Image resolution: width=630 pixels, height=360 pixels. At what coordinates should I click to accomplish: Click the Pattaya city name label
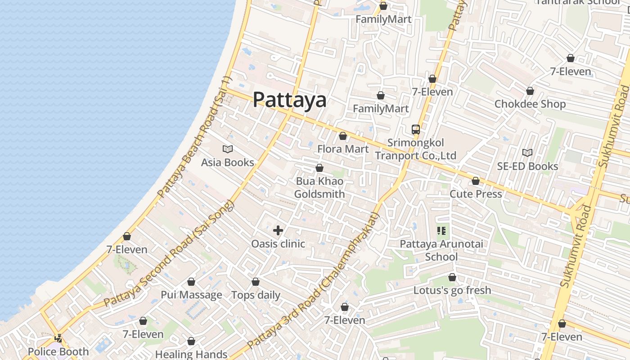[x=289, y=99]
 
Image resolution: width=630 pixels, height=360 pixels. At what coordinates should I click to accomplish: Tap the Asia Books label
[x=227, y=162]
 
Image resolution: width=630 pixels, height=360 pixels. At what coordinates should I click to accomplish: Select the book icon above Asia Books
[x=228, y=149]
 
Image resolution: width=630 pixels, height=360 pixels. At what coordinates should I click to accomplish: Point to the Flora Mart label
[x=343, y=149]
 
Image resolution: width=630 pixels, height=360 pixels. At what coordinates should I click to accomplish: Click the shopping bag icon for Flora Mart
[x=343, y=136]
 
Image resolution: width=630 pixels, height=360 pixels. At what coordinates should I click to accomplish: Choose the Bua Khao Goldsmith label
[x=319, y=188]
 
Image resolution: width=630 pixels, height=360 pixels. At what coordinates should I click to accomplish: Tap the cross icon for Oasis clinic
[x=278, y=230]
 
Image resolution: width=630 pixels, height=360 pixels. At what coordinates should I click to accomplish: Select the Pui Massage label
[x=191, y=295]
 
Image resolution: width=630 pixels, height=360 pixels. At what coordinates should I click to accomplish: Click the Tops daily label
[x=256, y=295]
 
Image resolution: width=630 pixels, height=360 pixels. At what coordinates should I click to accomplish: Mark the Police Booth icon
[x=58, y=338]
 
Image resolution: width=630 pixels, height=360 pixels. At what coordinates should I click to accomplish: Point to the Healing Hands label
[x=191, y=354]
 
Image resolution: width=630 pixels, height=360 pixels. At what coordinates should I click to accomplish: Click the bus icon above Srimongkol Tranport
[x=416, y=130]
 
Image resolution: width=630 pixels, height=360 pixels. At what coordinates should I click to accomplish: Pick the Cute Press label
[x=476, y=194]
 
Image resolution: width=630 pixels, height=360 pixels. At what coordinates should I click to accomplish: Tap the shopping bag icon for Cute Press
[x=476, y=181]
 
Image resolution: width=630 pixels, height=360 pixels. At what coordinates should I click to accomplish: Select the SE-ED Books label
[x=527, y=166]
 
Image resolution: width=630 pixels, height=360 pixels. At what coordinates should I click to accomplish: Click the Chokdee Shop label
[x=530, y=104]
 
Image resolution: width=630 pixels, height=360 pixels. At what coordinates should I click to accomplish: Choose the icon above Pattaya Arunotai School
[x=441, y=231]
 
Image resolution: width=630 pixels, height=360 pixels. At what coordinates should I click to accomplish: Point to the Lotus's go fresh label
[x=452, y=290]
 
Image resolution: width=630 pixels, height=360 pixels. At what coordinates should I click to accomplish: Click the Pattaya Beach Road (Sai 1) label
[x=194, y=137]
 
